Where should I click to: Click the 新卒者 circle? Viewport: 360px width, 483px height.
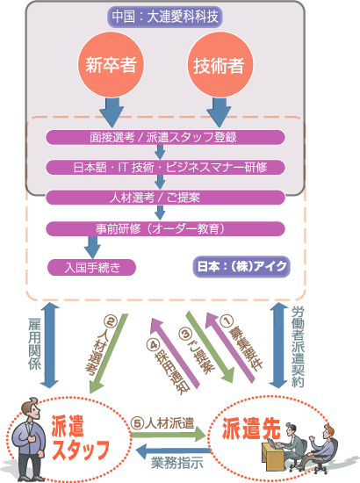click(111, 64)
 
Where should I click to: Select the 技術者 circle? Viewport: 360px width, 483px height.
click(220, 64)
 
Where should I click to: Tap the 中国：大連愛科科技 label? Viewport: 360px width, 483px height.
click(165, 17)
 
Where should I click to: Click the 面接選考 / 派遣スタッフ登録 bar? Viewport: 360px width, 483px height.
click(165, 137)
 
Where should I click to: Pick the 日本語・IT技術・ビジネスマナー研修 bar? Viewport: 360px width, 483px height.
click(165, 167)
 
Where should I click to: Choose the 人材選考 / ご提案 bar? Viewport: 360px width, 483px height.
click(165, 197)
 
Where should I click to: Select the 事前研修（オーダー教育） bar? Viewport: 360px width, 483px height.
click(165, 229)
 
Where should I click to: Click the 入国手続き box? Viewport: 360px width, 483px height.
click(91, 267)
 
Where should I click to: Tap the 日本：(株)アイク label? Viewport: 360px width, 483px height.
click(241, 266)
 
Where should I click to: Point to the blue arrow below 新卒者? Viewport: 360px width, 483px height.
click(112, 112)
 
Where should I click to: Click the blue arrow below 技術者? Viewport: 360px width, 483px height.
click(219, 112)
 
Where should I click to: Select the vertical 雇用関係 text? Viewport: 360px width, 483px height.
click(34, 344)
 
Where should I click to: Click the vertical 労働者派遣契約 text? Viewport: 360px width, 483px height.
click(298, 347)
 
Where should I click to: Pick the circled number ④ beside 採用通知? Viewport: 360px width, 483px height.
click(153, 344)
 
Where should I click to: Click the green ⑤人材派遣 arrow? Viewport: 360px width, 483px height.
click(168, 435)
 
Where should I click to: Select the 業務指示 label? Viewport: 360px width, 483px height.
click(176, 463)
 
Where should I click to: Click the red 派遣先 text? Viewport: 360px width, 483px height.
click(251, 429)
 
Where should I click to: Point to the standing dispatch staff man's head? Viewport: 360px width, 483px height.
click(31, 408)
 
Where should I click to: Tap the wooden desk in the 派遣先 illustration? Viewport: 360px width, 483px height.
click(273, 458)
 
